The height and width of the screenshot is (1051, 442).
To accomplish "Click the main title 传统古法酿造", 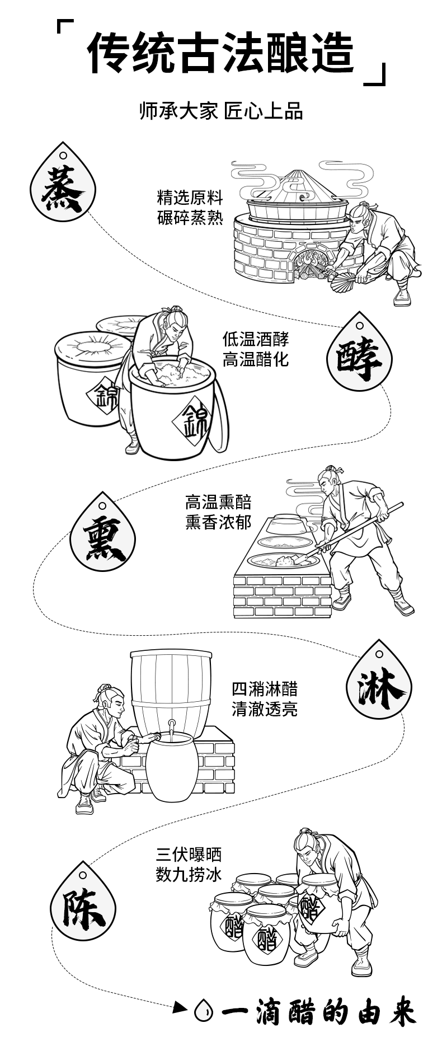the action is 221,54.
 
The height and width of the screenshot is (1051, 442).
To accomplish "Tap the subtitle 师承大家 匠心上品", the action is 221,111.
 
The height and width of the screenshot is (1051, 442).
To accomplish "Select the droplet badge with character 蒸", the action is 63,187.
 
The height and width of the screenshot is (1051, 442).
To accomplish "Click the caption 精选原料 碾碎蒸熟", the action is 190,208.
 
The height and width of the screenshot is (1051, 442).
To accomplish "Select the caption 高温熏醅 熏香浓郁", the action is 218,512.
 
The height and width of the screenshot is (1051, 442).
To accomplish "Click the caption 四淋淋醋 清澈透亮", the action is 264,699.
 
